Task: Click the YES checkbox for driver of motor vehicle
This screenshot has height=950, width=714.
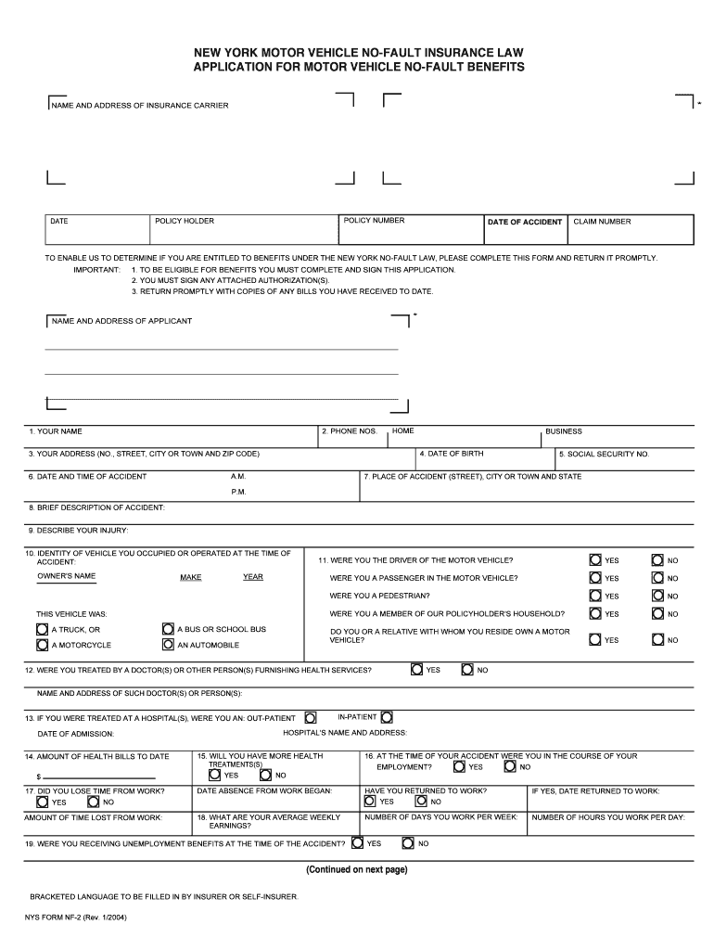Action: [595, 559]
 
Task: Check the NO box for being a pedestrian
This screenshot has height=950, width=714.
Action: [657, 596]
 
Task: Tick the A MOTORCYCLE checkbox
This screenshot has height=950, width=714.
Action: [42, 644]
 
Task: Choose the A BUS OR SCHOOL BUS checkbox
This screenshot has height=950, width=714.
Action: [168, 628]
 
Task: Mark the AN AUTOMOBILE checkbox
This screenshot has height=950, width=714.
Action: [168, 644]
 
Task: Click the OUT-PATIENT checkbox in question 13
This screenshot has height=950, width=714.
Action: [311, 717]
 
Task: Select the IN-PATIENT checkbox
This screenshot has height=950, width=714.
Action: [387, 716]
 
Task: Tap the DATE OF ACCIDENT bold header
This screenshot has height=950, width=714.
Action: [525, 222]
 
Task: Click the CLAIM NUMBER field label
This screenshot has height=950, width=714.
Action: [602, 222]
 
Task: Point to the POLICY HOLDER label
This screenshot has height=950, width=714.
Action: [185, 221]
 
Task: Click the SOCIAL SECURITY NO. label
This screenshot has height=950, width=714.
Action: [605, 455]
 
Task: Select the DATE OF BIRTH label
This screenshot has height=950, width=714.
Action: [451, 454]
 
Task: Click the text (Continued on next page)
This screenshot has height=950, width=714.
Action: [357, 869]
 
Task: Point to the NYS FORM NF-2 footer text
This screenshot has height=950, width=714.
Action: [76, 918]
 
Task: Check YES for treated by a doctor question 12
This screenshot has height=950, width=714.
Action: [417, 669]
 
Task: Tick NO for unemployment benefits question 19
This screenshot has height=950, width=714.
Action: [407, 843]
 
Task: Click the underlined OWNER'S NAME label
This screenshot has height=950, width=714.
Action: [66, 576]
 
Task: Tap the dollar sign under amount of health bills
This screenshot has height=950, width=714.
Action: [39, 776]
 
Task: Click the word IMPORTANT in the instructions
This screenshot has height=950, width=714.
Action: [96, 269]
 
